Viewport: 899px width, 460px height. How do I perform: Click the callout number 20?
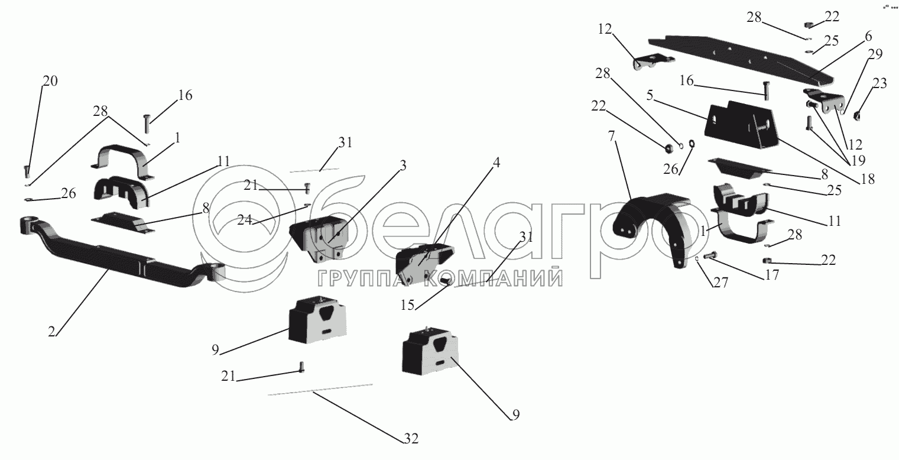point(50,81)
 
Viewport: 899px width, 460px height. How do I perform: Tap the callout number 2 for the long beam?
point(51,332)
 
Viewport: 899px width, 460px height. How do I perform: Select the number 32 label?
point(411,439)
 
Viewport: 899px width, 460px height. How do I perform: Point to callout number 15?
point(407,305)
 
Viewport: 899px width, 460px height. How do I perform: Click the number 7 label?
point(611,137)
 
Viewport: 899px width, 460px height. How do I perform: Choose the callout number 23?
point(879,83)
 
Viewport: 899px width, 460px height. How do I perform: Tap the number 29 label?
point(875,54)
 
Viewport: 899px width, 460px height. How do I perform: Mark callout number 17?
point(772,275)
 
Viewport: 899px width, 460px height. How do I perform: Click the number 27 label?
point(720,283)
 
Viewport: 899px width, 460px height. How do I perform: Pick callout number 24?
point(245,219)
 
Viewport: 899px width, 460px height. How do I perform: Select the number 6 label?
point(868,37)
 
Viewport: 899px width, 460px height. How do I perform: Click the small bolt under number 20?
point(27,171)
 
